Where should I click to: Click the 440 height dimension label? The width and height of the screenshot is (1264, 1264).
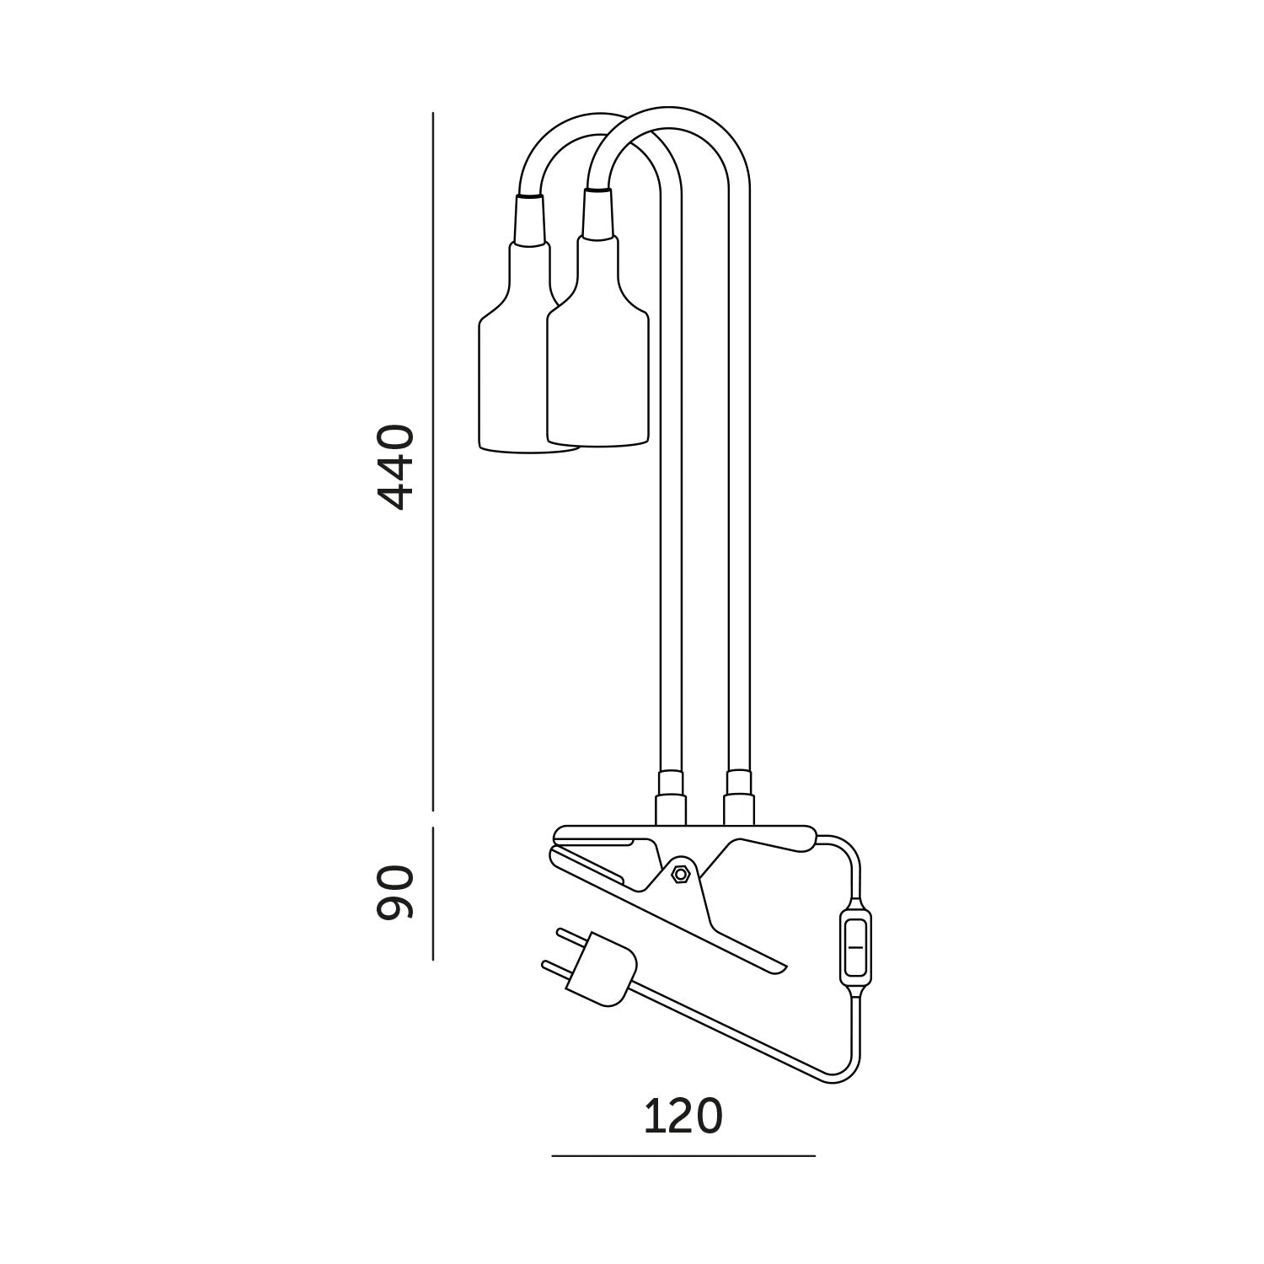[395, 468]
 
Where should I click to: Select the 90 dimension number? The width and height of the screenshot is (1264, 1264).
[395, 892]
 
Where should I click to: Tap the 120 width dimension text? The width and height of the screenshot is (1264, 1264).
[683, 1117]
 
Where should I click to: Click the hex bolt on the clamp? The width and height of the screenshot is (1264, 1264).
[679, 874]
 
